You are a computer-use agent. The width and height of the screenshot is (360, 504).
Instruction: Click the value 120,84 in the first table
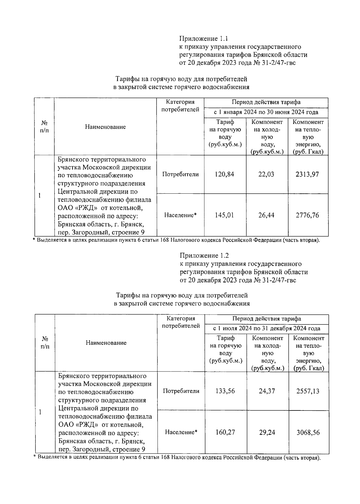click(224, 174)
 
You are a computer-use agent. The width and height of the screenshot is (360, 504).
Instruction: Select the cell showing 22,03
click(266, 174)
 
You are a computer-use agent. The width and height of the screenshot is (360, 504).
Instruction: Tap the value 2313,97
click(307, 174)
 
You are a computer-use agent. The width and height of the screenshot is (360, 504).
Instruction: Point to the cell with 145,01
click(224, 215)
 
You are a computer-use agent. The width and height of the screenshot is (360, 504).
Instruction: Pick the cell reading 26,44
click(266, 215)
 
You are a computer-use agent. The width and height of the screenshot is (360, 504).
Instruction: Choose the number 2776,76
click(307, 215)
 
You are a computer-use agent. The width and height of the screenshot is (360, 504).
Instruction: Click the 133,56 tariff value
click(225, 391)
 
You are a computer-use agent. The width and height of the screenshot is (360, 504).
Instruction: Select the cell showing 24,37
click(267, 391)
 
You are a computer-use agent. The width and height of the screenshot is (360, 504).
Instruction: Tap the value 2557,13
click(308, 391)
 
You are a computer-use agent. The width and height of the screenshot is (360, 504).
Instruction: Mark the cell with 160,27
click(225, 432)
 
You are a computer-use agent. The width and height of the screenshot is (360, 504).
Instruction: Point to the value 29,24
click(267, 432)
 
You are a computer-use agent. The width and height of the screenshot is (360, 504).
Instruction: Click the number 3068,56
click(308, 432)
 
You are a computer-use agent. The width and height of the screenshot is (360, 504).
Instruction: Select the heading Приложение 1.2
click(204, 256)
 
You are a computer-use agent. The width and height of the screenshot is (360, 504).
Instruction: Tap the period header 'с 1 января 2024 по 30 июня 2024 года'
click(266, 112)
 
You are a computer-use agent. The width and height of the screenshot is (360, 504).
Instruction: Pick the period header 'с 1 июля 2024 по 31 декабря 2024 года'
click(266, 329)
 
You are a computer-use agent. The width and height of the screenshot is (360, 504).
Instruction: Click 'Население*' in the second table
click(181, 432)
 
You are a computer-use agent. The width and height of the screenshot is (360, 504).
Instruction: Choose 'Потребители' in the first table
click(180, 174)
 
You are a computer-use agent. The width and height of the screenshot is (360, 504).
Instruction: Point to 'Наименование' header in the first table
click(105, 127)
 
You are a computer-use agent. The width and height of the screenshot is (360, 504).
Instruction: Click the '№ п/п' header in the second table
click(45, 342)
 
